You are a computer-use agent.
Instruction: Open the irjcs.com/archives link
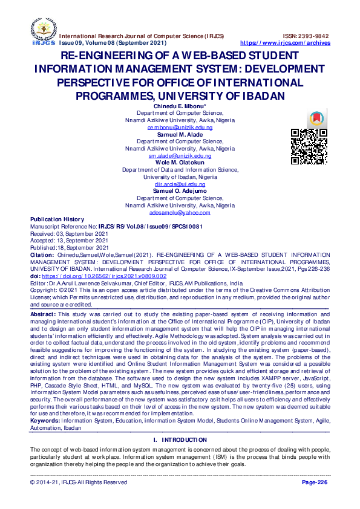[286, 43]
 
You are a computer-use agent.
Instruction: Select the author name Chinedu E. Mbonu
[180, 106]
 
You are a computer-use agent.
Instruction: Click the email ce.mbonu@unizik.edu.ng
[180, 128]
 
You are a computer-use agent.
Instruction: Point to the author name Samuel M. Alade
[180, 134]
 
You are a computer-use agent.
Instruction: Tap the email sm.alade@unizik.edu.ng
[180, 155]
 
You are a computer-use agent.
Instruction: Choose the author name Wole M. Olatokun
[180, 163]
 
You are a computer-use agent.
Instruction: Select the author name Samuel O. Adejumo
[180, 191]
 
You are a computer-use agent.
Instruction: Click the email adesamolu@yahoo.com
[180, 212]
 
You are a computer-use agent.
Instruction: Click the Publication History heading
[57, 219]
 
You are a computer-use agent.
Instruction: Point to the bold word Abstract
[43, 314]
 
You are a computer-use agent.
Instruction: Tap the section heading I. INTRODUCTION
[180, 439]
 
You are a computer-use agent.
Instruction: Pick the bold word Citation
[42, 255]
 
